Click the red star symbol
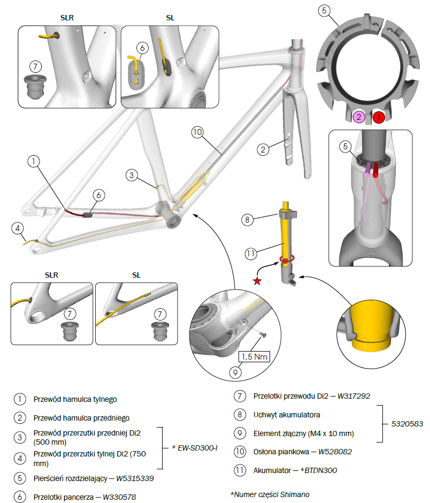[257, 281]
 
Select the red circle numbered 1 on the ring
[378, 116]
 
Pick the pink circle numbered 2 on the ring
[359, 116]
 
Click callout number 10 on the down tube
[197, 132]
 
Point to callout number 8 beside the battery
[246, 219]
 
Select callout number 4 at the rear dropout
[18, 230]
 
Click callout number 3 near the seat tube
[133, 174]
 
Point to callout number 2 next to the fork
[262, 149]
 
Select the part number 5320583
[405, 423]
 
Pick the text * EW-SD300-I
[198, 447]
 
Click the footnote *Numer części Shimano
[270, 494]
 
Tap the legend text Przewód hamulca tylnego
[75, 399]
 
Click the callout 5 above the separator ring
[324, 10]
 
